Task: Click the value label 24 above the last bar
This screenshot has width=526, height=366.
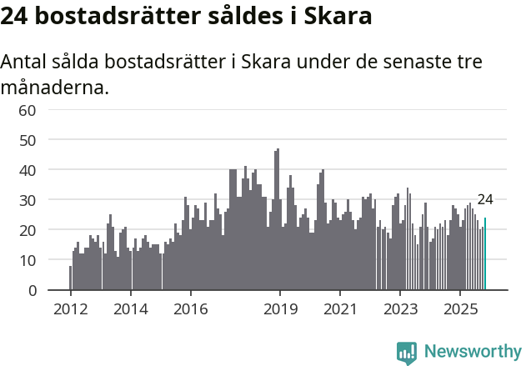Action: [x=485, y=199]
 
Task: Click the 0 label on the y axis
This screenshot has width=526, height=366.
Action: [x=32, y=290]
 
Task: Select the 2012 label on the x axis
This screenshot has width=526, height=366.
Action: [x=70, y=309]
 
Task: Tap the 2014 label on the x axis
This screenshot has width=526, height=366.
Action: [x=130, y=309]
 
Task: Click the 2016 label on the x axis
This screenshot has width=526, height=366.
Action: [x=190, y=309]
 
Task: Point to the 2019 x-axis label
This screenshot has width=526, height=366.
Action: [x=280, y=309]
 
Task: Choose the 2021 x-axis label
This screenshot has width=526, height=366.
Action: [x=340, y=309]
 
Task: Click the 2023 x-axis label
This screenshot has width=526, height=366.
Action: [x=400, y=309]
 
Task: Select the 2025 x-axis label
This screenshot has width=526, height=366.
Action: [x=460, y=309]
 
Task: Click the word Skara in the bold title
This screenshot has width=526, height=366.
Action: [x=337, y=16]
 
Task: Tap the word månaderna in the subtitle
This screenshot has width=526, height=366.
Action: [x=55, y=86]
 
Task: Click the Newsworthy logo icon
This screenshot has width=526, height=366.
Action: [x=407, y=353]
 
